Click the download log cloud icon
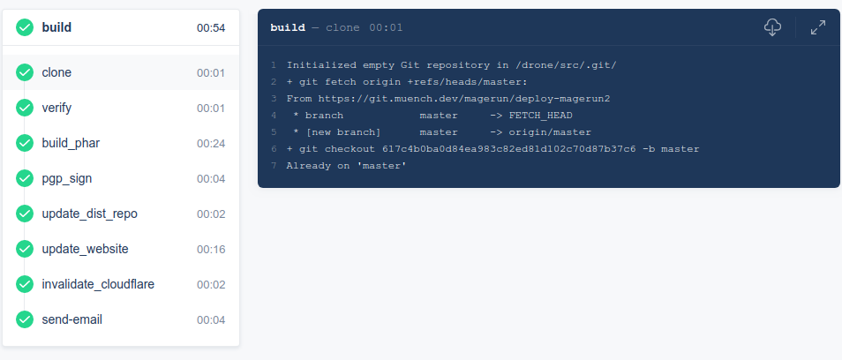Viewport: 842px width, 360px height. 772,27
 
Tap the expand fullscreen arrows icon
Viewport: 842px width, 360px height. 818,27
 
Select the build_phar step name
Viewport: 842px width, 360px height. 71,144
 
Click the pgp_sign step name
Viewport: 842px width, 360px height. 66,179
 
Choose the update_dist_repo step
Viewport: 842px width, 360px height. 90,214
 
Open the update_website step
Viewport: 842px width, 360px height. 85,250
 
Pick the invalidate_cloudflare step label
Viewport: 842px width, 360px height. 98,284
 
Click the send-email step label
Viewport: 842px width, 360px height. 72,319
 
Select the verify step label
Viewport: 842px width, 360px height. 56,109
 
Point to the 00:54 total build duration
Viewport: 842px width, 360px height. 211,28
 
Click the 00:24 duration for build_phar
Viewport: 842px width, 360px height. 211,144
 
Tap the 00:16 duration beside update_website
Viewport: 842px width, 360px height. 211,250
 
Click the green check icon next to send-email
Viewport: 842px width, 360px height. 25,319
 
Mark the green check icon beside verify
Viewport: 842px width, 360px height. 25,109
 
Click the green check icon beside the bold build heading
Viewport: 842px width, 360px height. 25,27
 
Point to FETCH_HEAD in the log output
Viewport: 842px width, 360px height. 540,116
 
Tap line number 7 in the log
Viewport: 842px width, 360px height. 274,166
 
